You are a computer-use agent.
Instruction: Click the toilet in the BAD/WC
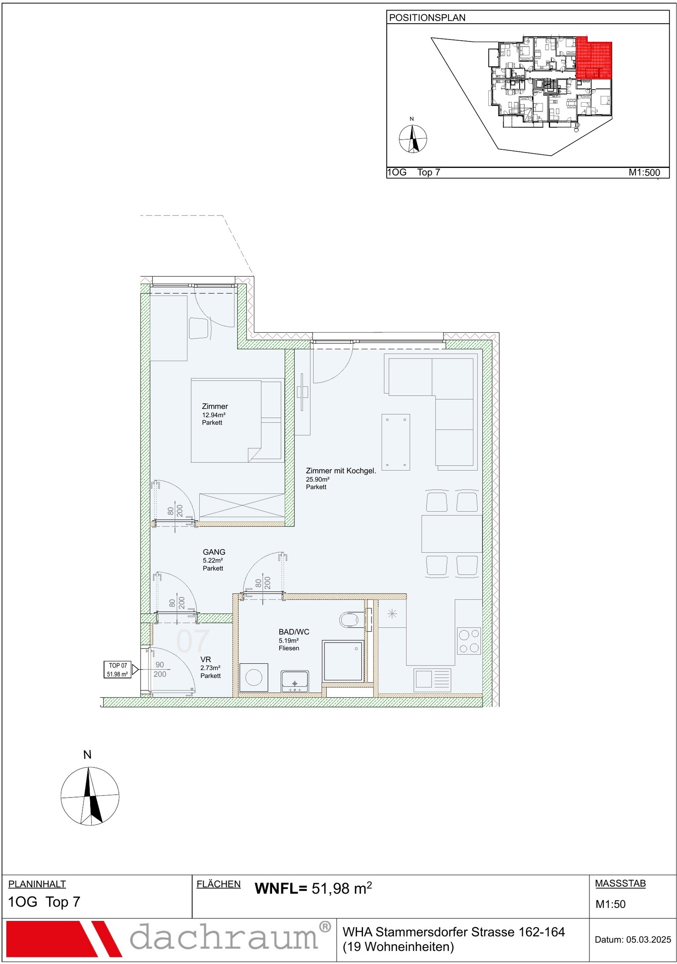click(x=350, y=620)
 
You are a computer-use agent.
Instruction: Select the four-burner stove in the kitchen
click(x=469, y=641)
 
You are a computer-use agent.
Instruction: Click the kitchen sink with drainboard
click(x=432, y=679)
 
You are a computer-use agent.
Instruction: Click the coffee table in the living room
click(x=396, y=442)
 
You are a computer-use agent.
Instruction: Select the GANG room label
click(x=214, y=552)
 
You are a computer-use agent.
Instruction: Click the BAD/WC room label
click(x=294, y=632)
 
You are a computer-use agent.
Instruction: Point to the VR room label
click(x=206, y=659)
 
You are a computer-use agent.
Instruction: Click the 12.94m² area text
click(x=214, y=415)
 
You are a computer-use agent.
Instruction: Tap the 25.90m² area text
click(x=318, y=479)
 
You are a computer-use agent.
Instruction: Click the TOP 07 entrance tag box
click(x=118, y=670)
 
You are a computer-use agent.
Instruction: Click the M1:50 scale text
click(x=611, y=904)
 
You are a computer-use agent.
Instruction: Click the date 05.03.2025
click(x=649, y=939)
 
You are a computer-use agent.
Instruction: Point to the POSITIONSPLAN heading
click(x=427, y=18)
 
